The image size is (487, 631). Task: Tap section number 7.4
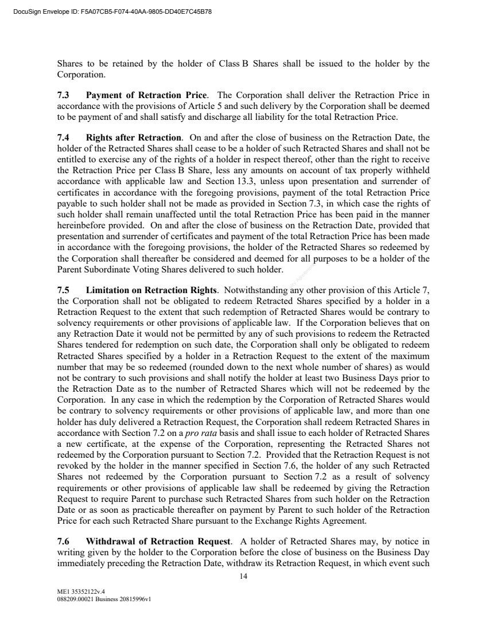64,138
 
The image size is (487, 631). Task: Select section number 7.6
64,541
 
